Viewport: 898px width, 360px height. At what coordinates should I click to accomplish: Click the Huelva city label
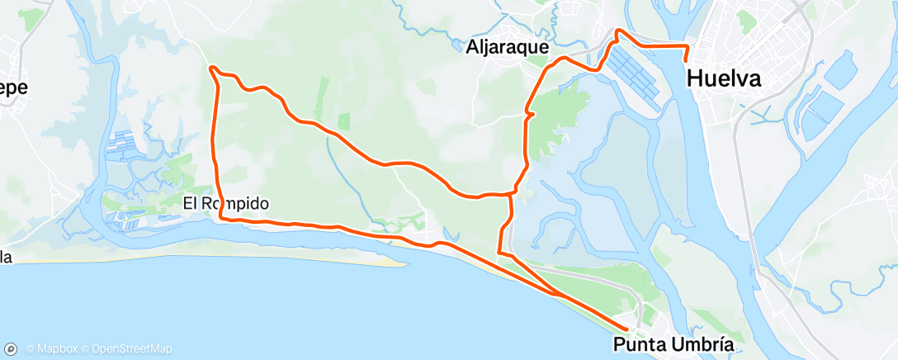(x=723, y=78)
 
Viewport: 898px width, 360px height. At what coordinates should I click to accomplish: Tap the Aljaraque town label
(x=507, y=48)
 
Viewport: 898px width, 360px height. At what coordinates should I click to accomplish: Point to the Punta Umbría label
(x=673, y=343)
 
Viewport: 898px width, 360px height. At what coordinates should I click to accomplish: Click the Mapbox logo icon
(x=12, y=349)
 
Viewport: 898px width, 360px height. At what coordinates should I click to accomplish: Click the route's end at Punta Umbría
(x=616, y=329)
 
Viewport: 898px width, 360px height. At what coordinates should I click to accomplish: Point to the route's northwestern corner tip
(x=212, y=67)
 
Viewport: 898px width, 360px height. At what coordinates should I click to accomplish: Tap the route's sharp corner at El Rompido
(x=221, y=219)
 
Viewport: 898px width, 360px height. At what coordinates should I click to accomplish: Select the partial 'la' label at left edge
(x=6, y=258)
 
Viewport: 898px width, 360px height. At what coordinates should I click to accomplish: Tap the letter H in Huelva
(x=696, y=78)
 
